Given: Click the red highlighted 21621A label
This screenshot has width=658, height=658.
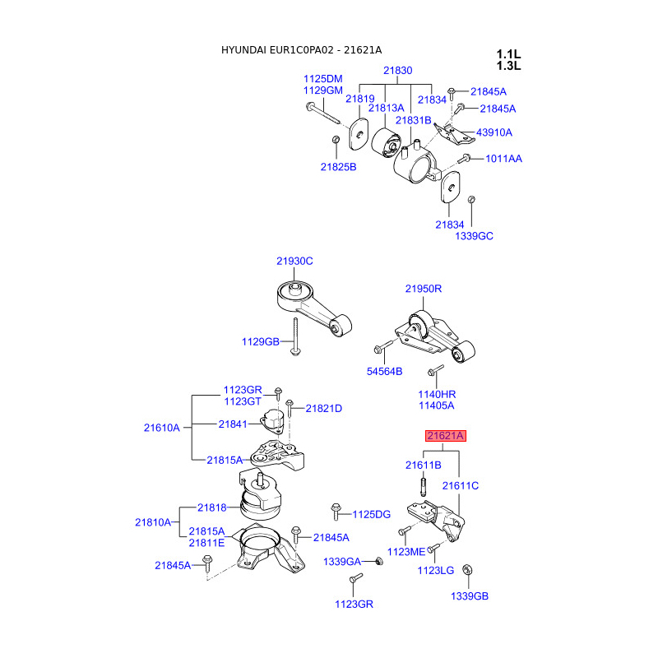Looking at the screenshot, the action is pos(445,436).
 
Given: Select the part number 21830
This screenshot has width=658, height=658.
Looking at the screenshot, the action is pos(397,71).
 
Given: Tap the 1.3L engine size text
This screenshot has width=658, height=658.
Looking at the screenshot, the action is pos(508,66).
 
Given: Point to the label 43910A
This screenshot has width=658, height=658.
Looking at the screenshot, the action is pos(493,132).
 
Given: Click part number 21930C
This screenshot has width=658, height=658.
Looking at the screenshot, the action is pos(294,261).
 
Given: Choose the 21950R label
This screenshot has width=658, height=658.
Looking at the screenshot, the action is pos(423,289).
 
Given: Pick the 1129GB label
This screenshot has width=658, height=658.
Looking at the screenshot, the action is pos(261,341).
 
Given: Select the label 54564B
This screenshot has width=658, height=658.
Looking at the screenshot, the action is pos(384,372).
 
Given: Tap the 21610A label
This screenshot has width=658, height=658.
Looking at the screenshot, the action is pos(161,428).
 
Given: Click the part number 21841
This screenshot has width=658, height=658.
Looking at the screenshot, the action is pos(233,424).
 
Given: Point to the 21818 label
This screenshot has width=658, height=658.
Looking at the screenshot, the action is pos(211,508).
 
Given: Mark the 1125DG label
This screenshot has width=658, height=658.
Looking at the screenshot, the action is pos(371,514).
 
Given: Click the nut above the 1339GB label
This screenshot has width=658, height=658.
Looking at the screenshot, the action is pos(468,569).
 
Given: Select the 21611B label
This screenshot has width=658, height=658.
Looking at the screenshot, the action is pos(424,465).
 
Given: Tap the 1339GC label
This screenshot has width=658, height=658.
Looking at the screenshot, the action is pos(474,236).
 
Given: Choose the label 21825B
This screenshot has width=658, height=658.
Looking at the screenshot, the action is pos(338,167).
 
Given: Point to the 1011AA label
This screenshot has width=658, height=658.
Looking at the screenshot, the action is pos(503,158).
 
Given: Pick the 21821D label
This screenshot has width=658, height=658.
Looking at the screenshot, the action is pos(323,409).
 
